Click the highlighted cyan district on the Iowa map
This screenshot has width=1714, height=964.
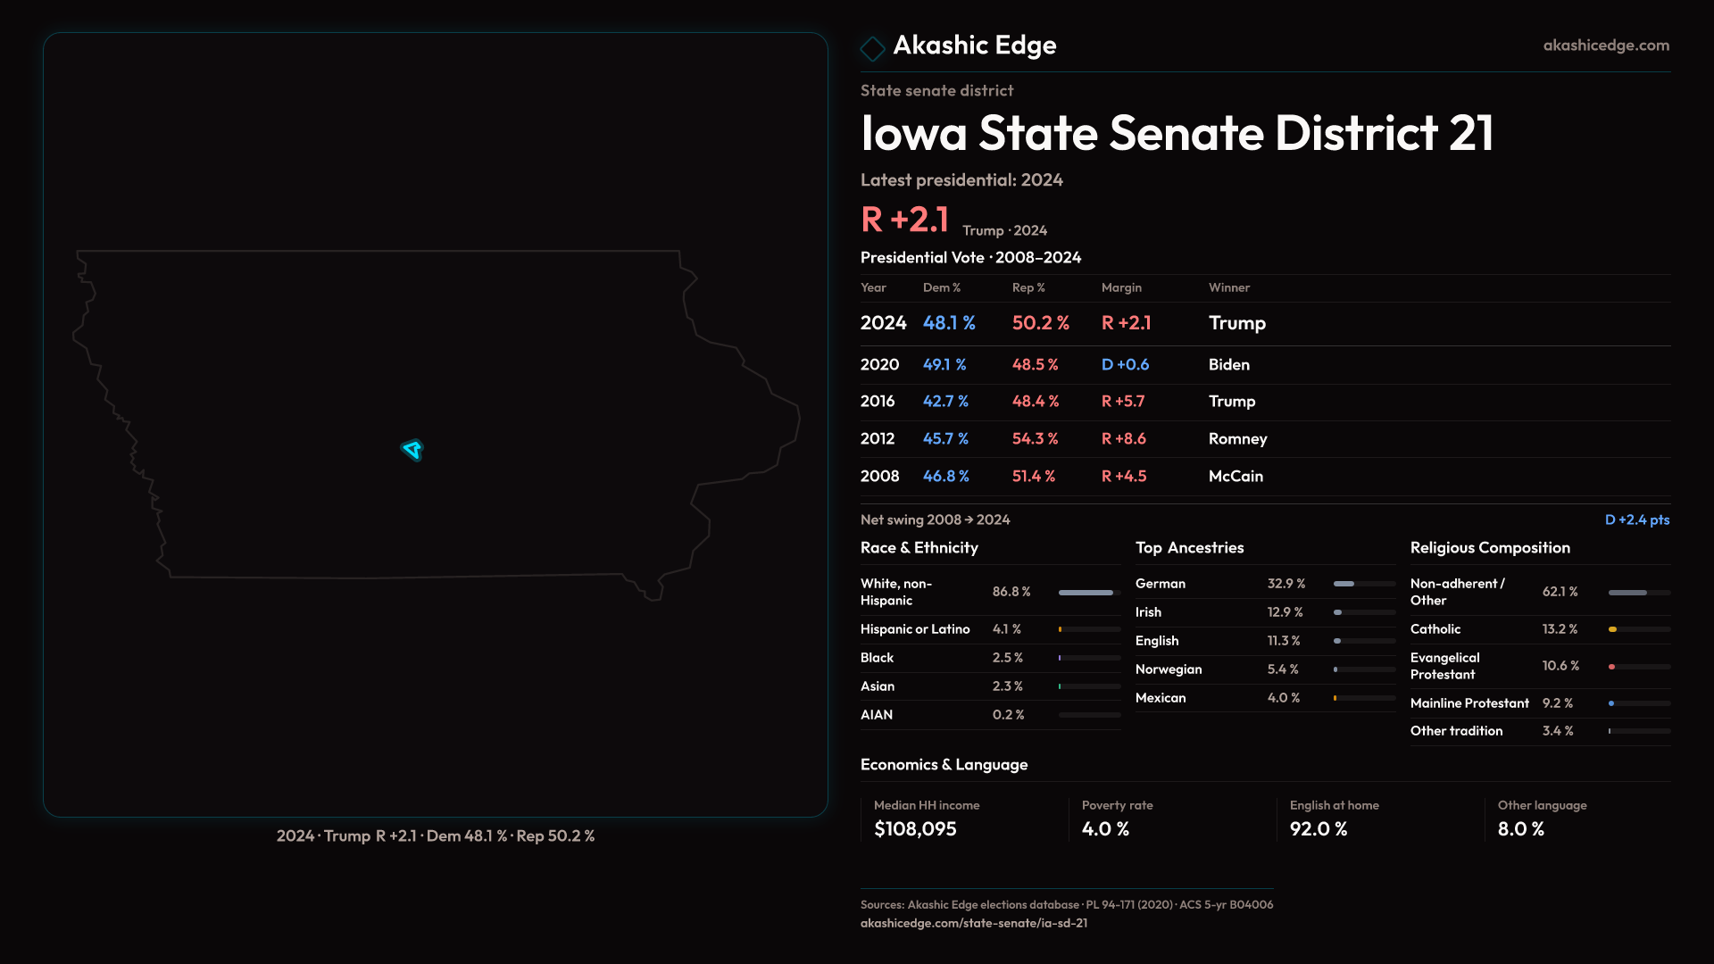pyautogui.click(x=412, y=449)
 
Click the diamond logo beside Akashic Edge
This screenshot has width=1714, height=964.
pyautogui.click(x=872, y=48)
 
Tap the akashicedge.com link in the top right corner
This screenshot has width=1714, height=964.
pyautogui.click(x=1605, y=46)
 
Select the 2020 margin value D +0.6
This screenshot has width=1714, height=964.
pyautogui.click(x=1125, y=364)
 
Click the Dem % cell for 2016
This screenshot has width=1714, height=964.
pyautogui.click(x=945, y=402)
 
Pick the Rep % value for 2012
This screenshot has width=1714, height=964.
pyautogui.click(x=1035, y=439)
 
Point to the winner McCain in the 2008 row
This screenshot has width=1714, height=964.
pyautogui.click(x=1236, y=477)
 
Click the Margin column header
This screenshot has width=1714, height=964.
pyautogui.click(x=1121, y=287)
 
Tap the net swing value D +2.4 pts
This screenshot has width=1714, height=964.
pyautogui.click(x=1636, y=519)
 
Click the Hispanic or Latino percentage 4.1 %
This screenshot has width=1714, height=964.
pyautogui.click(x=1007, y=629)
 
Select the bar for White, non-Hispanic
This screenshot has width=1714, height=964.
pyautogui.click(x=1086, y=593)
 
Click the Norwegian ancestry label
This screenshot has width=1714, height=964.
pyautogui.click(x=1169, y=669)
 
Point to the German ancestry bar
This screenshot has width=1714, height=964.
pyautogui.click(x=1344, y=584)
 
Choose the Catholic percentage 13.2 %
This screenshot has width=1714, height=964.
pyautogui.click(x=1560, y=629)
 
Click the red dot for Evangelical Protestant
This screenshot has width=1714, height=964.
pyautogui.click(x=1611, y=667)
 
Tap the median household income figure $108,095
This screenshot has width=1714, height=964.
pyautogui.click(x=915, y=829)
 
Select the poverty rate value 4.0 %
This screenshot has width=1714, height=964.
pyautogui.click(x=1105, y=829)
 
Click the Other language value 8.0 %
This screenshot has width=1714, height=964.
pyautogui.click(x=1520, y=829)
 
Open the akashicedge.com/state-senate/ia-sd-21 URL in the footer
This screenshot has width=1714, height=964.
pyautogui.click(x=973, y=924)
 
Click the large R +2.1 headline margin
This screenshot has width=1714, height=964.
pyautogui.click(x=904, y=220)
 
